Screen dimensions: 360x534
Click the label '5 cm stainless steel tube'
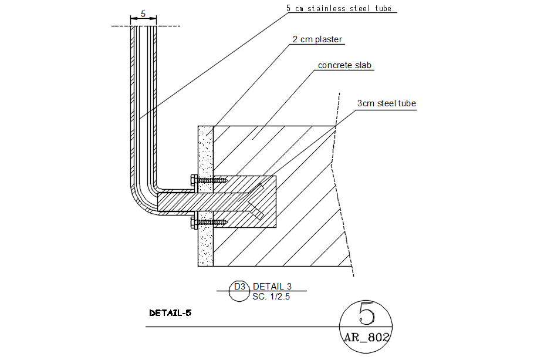coord(339,8)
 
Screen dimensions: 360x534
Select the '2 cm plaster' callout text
coord(317,39)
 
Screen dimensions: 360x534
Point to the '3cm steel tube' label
coord(386,103)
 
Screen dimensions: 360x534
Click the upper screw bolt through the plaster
coord(209,180)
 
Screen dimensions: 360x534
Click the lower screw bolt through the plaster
coord(209,222)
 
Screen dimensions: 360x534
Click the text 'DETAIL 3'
coord(272,286)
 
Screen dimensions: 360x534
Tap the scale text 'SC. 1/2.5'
coord(271,297)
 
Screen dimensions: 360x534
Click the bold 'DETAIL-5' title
coord(170,313)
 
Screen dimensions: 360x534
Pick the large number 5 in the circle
coord(366,313)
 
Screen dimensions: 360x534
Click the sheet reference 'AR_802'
coord(366,338)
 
